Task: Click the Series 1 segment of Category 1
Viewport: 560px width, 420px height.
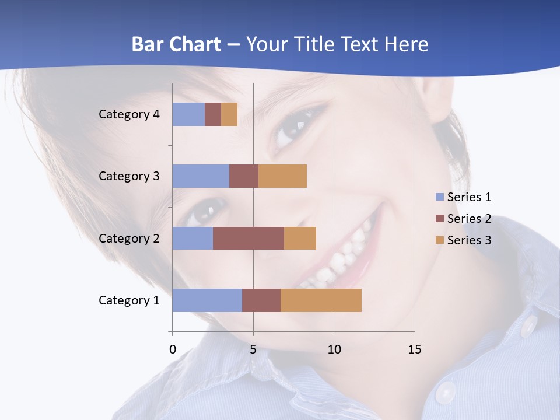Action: pyautogui.click(x=207, y=300)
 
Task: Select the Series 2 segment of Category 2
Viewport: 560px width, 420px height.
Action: pyautogui.click(x=249, y=238)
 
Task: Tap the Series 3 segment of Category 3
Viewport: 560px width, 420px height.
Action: pyautogui.click(x=282, y=176)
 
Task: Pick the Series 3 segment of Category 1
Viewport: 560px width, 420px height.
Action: pyautogui.click(x=321, y=300)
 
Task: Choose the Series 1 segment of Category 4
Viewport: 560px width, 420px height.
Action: pyautogui.click(x=188, y=114)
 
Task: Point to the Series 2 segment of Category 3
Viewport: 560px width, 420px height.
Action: pyautogui.click(x=244, y=176)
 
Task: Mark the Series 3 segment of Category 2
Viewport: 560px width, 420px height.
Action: pyautogui.click(x=300, y=238)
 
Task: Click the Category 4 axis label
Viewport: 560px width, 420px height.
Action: pyautogui.click(x=129, y=114)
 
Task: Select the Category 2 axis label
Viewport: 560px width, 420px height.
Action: pyautogui.click(x=129, y=238)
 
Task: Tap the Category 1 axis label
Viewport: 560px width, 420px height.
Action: pyautogui.click(x=129, y=300)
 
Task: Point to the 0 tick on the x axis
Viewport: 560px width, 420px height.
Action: pyautogui.click(x=173, y=349)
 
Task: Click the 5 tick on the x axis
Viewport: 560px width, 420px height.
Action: pyautogui.click(x=253, y=349)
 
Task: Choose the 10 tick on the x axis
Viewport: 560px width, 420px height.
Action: pyautogui.click(x=334, y=349)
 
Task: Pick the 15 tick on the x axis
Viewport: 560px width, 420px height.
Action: pyautogui.click(x=414, y=349)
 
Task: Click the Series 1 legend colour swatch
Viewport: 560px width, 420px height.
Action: pyautogui.click(x=439, y=197)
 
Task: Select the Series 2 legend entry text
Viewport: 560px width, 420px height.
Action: pyautogui.click(x=469, y=219)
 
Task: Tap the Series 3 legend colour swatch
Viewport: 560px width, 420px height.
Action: pyautogui.click(x=439, y=240)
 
